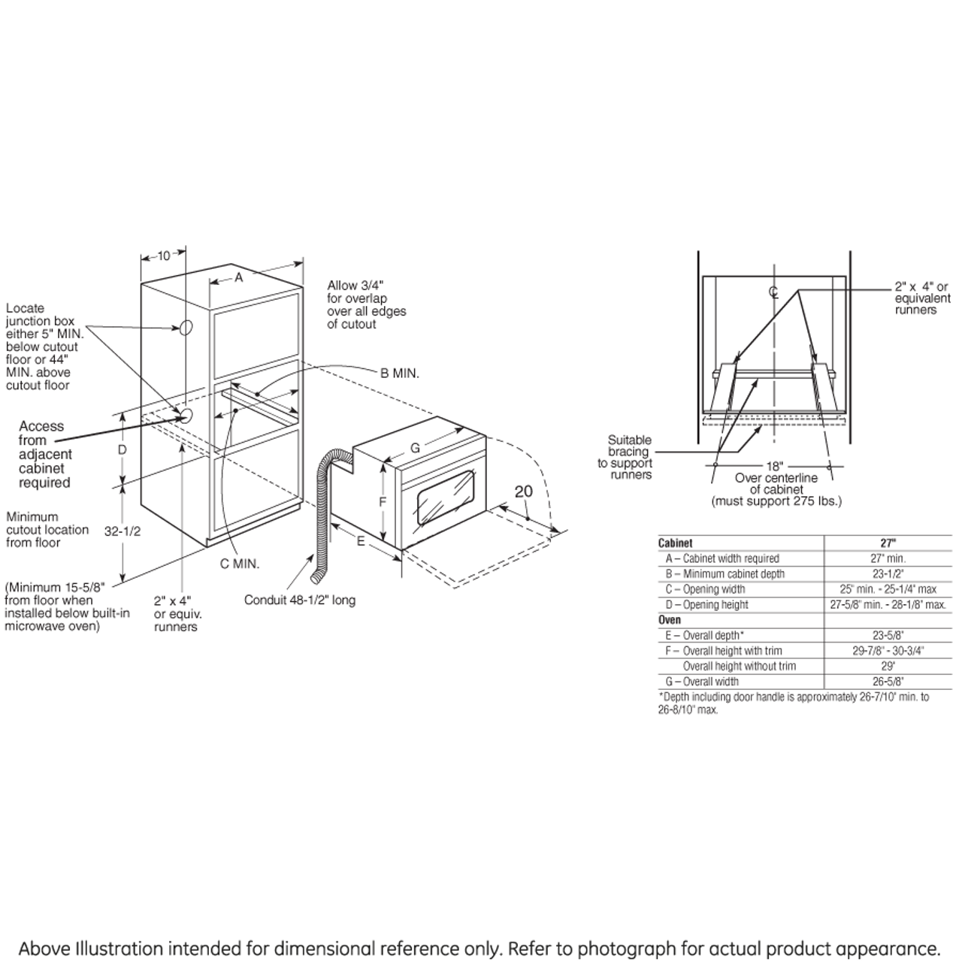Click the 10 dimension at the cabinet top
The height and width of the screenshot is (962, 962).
pyautogui.click(x=163, y=256)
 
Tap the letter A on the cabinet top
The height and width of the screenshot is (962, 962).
pyautogui.click(x=239, y=277)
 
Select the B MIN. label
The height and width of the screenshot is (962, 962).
pyautogui.click(x=400, y=373)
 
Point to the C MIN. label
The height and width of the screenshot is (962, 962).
pyautogui.click(x=240, y=564)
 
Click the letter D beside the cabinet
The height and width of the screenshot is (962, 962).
pyautogui.click(x=123, y=449)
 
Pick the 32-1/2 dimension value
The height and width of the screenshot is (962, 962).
pyautogui.click(x=123, y=530)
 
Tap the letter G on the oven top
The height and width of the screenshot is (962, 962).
pyautogui.click(x=415, y=448)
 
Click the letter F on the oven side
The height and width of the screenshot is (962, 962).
pyautogui.click(x=382, y=502)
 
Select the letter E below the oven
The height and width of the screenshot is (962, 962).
pyautogui.click(x=361, y=540)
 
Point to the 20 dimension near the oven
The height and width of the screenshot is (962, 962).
pyautogui.click(x=523, y=492)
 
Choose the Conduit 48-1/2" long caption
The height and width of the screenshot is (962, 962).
pyautogui.click(x=300, y=600)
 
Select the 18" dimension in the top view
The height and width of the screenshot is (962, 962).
pyautogui.click(x=775, y=466)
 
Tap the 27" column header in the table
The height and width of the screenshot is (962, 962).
pyautogui.click(x=888, y=543)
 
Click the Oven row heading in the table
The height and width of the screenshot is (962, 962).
pyautogui.click(x=670, y=620)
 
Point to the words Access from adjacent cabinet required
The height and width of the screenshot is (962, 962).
pyautogui.click(x=44, y=454)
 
